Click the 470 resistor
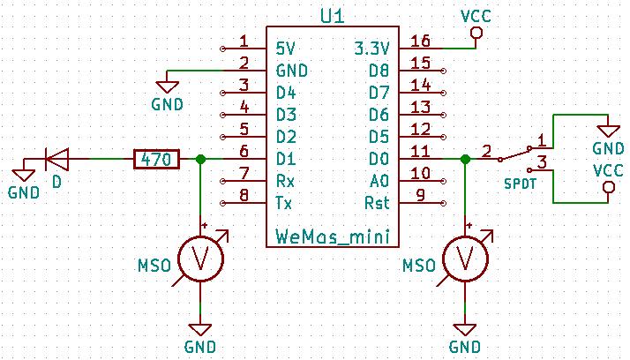coord(156,160)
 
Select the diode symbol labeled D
coord(57,160)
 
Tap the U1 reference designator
coord(334,17)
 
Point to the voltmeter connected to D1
coord(200,259)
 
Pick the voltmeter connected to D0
coord(464,259)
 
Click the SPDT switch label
coord(521,184)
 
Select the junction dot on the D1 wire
coord(200,160)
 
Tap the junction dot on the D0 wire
coord(464,160)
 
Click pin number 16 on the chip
coord(420,41)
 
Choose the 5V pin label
coord(286,48)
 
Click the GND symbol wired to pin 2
coord(166,86)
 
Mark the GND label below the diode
coord(24,192)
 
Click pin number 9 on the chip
coord(420,196)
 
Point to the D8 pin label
coord(379,70)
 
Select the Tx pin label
coord(283,203)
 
